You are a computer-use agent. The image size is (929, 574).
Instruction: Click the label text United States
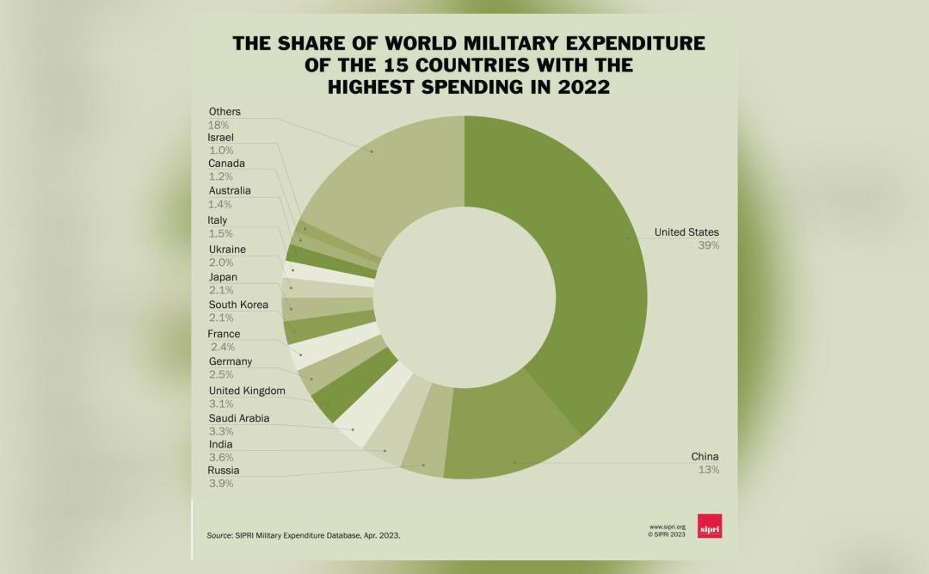(x=686, y=232)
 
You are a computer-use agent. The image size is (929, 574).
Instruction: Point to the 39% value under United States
(x=709, y=245)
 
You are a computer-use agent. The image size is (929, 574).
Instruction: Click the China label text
(x=704, y=457)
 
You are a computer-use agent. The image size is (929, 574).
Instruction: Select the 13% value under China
(x=709, y=470)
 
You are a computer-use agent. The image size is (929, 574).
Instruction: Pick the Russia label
(x=224, y=471)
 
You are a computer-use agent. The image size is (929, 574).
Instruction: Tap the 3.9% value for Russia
(x=220, y=484)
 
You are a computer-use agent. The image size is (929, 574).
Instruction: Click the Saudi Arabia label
(x=239, y=418)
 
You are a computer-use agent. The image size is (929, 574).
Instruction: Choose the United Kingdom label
(x=247, y=391)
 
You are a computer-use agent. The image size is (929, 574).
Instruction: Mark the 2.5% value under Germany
(x=221, y=374)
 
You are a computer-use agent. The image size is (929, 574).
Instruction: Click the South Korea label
(x=238, y=305)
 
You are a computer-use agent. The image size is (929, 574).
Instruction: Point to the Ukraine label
(x=227, y=250)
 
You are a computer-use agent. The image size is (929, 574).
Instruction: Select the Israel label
(x=221, y=138)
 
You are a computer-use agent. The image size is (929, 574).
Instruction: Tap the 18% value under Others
(x=218, y=125)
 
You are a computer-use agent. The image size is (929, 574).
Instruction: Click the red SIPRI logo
(x=709, y=526)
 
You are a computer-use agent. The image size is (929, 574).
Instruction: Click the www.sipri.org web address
(x=667, y=527)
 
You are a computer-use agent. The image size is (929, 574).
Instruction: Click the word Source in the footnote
(x=219, y=535)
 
